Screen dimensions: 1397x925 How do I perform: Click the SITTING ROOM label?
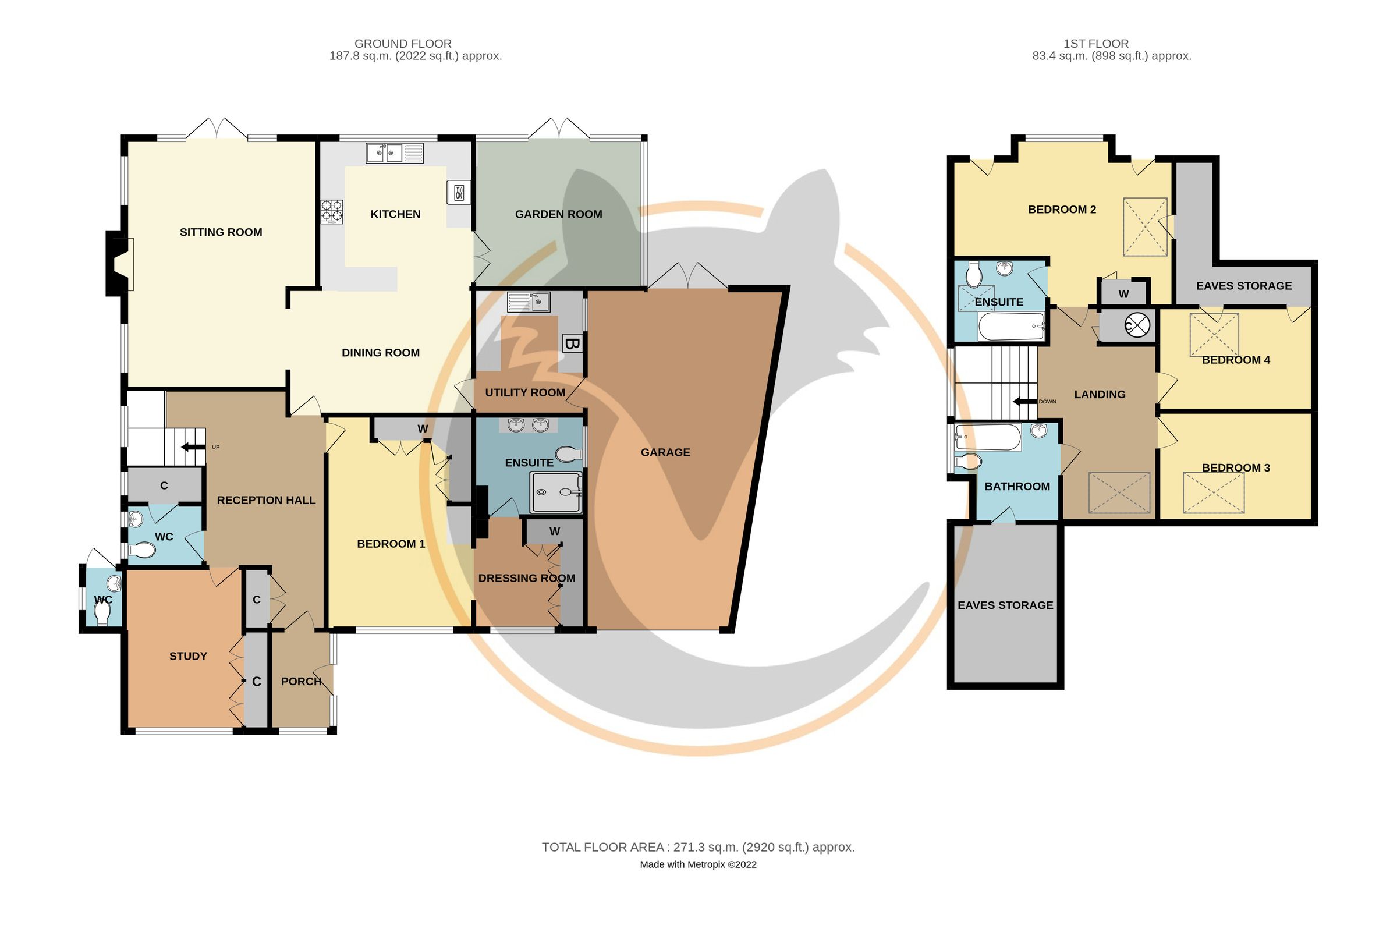[221, 232]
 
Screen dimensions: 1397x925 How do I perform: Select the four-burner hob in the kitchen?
[332, 212]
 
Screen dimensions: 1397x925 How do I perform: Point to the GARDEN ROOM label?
[558, 214]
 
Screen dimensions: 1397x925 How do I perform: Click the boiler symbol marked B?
[572, 343]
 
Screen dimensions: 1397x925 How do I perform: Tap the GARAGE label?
[665, 452]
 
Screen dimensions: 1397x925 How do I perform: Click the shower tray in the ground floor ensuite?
[556, 491]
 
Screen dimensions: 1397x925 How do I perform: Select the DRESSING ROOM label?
[527, 578]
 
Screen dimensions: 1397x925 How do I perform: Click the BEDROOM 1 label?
[391, 544]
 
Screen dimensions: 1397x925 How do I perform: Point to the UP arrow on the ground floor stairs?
[192, 446]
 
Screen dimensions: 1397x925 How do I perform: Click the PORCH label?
[302, 681]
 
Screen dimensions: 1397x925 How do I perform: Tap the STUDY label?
[188, 656]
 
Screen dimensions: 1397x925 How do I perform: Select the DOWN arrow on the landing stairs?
[1025, 401]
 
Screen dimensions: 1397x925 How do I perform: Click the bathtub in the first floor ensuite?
[1010, 327]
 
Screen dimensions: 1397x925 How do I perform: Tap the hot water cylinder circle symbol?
[1137, 325]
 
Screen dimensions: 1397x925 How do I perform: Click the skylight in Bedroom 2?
[1144, 227]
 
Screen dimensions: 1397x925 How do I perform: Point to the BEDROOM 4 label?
[1236, 360]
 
